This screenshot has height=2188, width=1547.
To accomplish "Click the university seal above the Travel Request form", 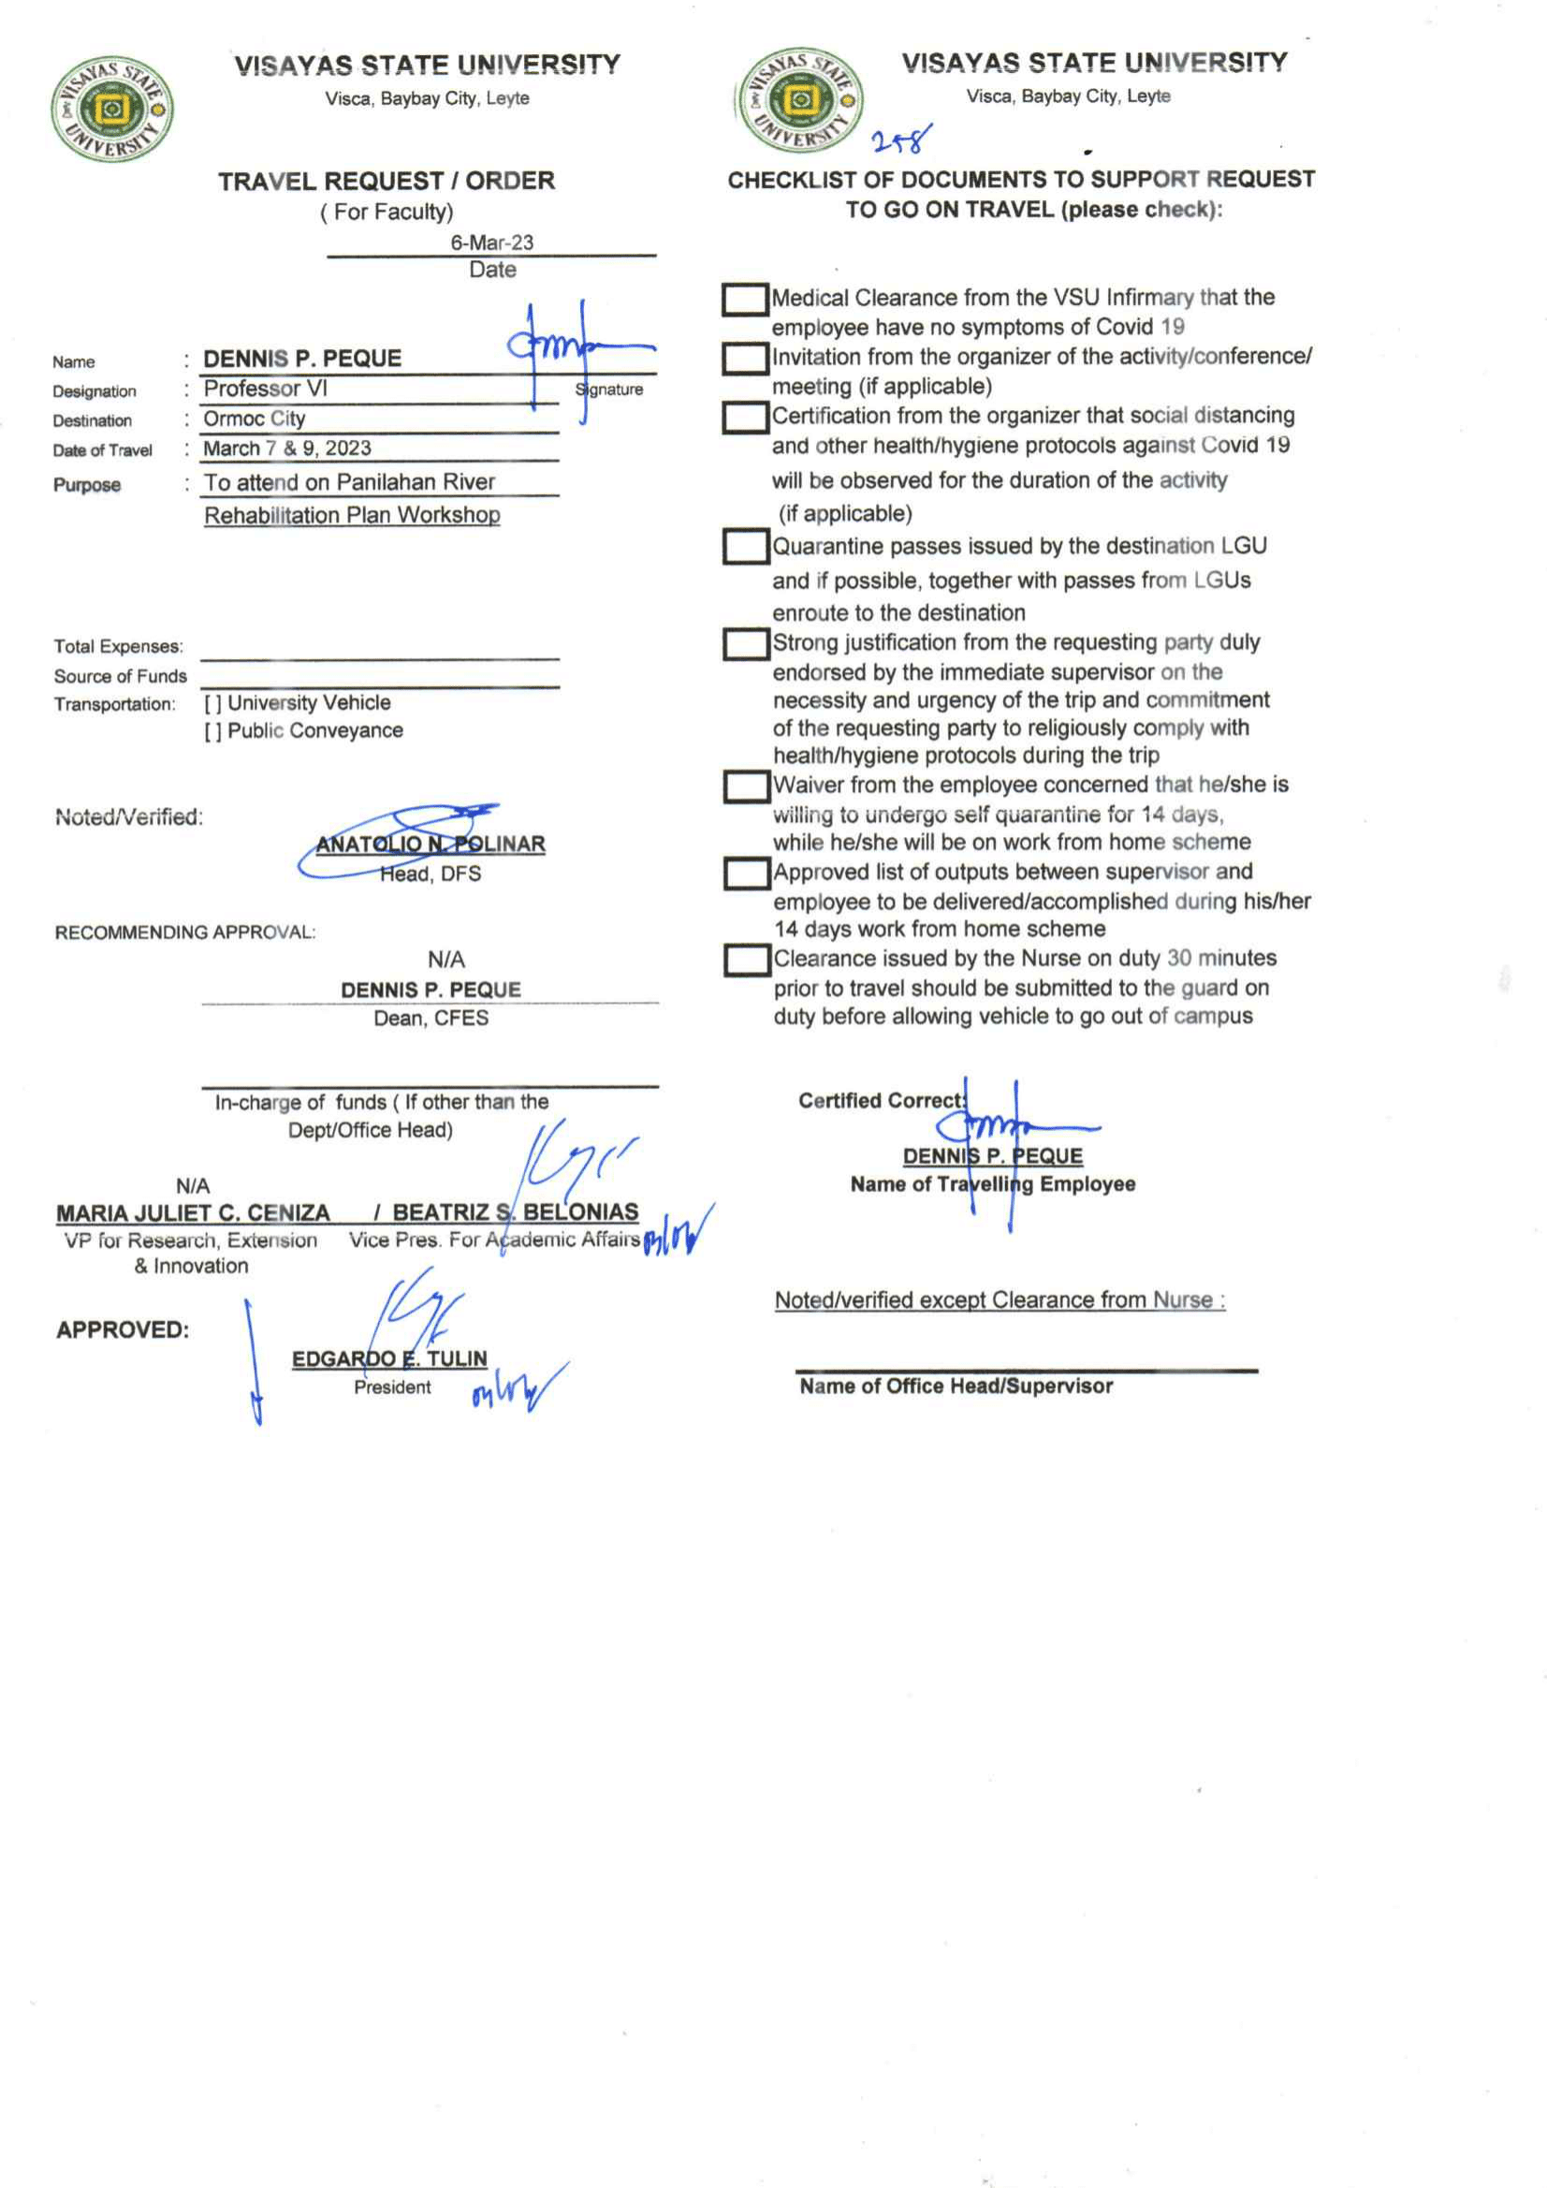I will [x=111, y=109].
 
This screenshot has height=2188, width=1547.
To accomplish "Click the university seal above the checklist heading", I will [x=800, y=100].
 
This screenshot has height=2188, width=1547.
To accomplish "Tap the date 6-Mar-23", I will [x=491, y=242].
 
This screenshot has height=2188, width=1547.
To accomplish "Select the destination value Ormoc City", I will [x=255, y=419].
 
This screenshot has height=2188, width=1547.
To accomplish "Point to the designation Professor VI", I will [x=265, y=389].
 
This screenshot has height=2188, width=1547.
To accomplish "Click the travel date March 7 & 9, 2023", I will [x=286, y=448].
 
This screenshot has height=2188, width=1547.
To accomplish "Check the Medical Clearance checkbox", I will [x=745, y=300].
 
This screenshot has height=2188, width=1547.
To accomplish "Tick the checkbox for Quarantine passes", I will [x=745, y=547].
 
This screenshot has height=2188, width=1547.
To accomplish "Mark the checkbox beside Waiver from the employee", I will [x=746, y=786].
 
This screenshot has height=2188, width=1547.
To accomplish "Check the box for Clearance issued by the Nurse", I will [x=746, y=960].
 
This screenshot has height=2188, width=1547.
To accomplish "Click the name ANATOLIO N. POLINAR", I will [x=431, y=844].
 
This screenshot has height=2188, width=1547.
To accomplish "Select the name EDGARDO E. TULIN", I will [x=388, y=1358].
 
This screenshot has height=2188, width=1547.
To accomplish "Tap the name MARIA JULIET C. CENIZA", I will [x=193, y=1213].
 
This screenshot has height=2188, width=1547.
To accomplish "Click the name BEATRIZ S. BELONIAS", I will [x=516, y=1212].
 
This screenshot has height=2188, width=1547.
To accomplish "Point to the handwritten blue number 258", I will [x=900, y=141].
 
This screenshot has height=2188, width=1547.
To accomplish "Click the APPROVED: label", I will [x=122, y=1329].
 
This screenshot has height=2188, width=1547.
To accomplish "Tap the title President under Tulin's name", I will [x=391, y=1388].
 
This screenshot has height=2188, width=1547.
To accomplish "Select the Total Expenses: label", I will [x=118, y=646].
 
